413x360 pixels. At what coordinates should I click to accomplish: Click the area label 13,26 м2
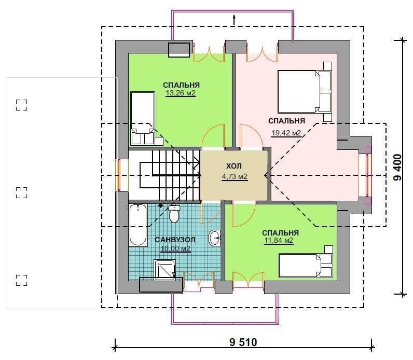[x=181, y=93]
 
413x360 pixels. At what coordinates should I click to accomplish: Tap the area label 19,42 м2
[x=286, y=133]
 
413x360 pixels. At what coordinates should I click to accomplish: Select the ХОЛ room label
[x=234, y=166]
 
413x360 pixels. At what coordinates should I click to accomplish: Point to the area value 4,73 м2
[x=235, y=176]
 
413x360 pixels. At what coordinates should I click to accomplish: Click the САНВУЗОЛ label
[x=175, y=240]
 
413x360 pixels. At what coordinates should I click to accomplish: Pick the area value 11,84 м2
[x=279, y=241]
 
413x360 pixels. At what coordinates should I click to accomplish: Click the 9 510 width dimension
[x=243, y=342]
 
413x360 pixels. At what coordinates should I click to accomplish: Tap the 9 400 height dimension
[x=398, y=167]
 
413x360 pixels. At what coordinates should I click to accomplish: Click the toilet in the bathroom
[x=174, y=214]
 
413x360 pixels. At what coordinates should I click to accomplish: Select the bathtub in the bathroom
[x=138, y=225]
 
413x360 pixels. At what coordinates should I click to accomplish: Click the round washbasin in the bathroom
[x=215, y=238]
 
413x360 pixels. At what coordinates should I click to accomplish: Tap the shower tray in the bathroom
[x=165, y=270]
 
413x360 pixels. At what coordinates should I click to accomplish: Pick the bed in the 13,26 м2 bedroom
[x=143, y=118]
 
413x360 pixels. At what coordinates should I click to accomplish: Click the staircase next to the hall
[x=170, y=175]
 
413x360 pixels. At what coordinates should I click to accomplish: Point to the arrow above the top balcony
[x=234, y=20]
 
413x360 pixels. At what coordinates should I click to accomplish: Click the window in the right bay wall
[x=368, y=175]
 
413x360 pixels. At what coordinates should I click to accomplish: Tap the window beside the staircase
[x=119, y=175]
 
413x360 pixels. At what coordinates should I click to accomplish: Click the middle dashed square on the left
[x=22, y=192]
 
